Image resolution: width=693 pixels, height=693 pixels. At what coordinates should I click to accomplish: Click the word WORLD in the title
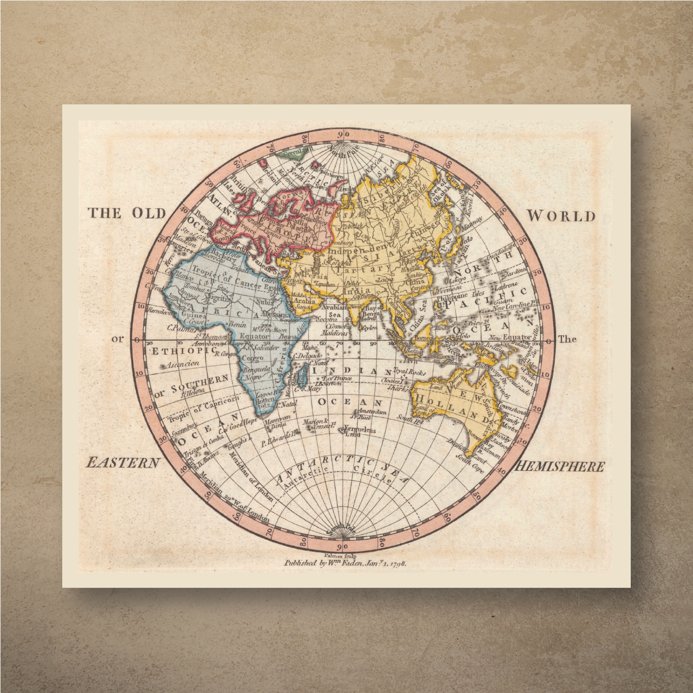[x=560, y=216]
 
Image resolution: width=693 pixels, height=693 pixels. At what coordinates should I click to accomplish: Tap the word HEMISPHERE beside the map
[x=559, y=467]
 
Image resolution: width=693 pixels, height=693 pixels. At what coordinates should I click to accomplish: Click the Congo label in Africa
[x=253, y=358]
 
